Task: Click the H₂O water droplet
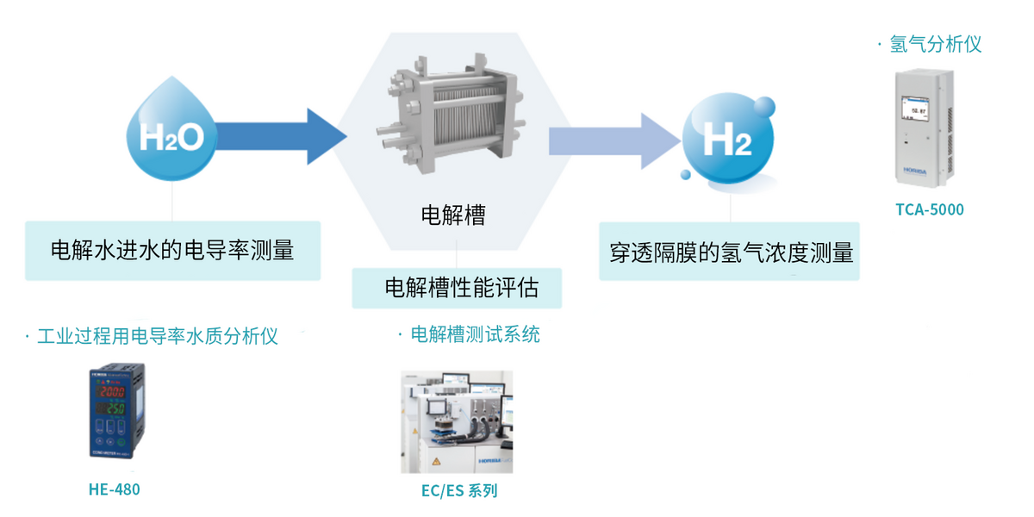point(171,132)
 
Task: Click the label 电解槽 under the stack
point(453,214)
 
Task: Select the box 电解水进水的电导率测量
point(172,251)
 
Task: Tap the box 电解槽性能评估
point(457,288)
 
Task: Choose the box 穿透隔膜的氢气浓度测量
point(730,251)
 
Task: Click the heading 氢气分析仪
point(934,44)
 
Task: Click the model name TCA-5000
point(929,209)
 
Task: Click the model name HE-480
point(114,489)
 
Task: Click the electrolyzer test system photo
point(456,421)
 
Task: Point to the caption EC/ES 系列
point(458,491)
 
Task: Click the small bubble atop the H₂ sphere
point(763,107)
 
